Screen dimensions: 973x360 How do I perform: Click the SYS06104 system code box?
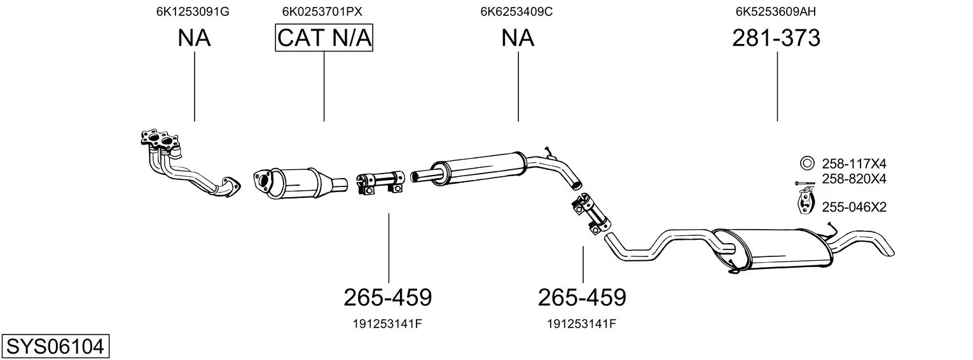coord(55,347)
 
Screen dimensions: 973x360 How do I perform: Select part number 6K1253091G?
coord(193,11)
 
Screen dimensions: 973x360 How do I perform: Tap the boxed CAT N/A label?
coord(324,38)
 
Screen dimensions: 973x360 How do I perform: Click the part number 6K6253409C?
coord(516,11)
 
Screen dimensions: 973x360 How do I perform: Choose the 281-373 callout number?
coord(776,38)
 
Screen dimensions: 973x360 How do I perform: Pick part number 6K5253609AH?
coord(776,11)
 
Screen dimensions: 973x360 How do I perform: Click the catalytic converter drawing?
coord(301,184)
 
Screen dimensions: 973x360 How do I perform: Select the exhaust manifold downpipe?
coord(190,164)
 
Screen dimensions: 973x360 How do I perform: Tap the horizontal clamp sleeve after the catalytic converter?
coord(380,183)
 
